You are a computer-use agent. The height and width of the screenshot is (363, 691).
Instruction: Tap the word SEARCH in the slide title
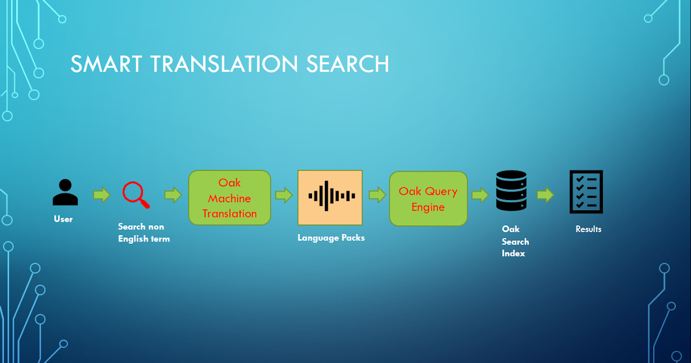click(x=347, y=64)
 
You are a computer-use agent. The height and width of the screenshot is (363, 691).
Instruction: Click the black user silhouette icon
click(x=64, y=192)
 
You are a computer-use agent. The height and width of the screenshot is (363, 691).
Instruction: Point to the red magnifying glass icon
click(x=136, y=195)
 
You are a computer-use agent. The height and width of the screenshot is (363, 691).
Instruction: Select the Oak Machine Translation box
click(x=230, y=198)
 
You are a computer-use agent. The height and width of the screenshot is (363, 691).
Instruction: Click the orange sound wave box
click(x=330, y=197)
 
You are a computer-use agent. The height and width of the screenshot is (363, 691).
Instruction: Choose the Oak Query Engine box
click(x=428, y=198)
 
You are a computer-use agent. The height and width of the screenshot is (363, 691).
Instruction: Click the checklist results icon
click(x=586, y=192)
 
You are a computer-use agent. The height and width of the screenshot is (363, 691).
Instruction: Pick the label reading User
click(x=63, y=219)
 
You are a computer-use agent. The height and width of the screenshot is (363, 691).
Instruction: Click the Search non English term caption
click(x=143, y=232)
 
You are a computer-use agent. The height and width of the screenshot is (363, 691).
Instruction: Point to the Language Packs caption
click(x=331, y=237)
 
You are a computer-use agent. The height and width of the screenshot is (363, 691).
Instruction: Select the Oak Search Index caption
click(x=515, y=241)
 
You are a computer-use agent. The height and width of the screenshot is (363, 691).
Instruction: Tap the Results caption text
click(x=589, y=229)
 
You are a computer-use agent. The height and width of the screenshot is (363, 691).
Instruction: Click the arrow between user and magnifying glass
click(x=101, y=195)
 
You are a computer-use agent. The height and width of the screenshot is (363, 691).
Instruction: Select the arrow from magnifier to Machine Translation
click(x=173, y=195)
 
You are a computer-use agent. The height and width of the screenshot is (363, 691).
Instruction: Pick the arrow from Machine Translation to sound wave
click(x=284, y=195)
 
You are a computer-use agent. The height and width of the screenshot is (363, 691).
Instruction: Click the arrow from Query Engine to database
click(x=480, y=195)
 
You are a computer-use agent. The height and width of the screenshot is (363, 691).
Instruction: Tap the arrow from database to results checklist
click(x=545, y=195)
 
